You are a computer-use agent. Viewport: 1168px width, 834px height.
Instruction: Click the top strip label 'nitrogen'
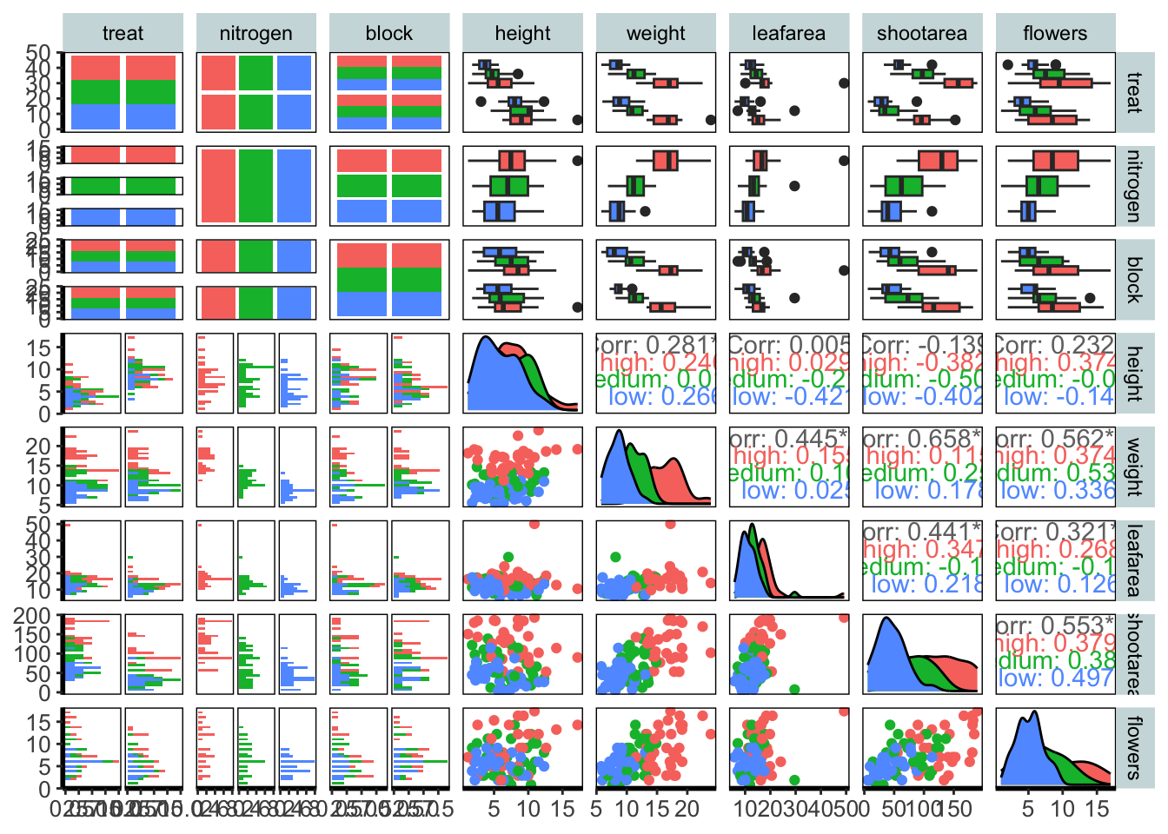[x=255, y=34]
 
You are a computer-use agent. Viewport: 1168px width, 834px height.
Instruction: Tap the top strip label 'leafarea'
[x=788, y=34]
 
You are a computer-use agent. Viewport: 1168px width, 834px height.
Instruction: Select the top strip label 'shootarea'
[x=921, y=34]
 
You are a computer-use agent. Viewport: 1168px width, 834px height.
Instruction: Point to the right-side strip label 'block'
[x=1133, y=280]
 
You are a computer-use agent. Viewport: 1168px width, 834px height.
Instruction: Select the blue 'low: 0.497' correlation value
[x=1055, y=678]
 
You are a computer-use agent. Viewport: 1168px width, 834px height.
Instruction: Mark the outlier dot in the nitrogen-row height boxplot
[x=577, y=161]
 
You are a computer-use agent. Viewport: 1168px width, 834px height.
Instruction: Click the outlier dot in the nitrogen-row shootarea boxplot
[x=932, y=211]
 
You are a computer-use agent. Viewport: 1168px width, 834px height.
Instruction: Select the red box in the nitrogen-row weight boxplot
[x=666, y=161]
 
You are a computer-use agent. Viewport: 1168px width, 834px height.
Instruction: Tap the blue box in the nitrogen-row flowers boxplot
[x=1028, y=211]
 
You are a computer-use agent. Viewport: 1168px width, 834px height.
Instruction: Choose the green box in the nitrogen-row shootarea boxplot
[x=904, y=186]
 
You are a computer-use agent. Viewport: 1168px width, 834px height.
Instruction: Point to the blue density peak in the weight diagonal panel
[x=618, y=432]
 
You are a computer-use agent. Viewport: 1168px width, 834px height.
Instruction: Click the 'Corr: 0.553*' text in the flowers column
[x=1055, y=625]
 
